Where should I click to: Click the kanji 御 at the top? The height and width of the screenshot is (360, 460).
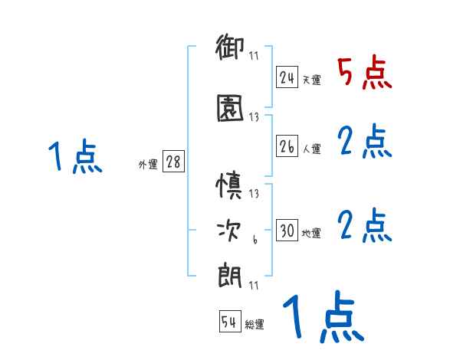click(x=229, y=48)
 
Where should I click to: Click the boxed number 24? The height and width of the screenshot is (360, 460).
click(x=287, y=78)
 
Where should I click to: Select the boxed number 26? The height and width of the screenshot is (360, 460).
click(x=287, y=146)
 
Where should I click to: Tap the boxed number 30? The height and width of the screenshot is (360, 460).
click(x=287, y=231)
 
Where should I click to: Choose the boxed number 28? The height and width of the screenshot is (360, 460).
click(x=173, y=163)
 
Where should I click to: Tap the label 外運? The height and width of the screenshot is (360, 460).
click(x=147, y=165)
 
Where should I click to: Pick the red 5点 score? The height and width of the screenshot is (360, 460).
click(x=364, y=73)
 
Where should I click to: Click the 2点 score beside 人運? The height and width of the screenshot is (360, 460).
click(x=364, y=141)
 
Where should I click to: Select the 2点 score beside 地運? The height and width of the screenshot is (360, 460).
click(x=364, y=225)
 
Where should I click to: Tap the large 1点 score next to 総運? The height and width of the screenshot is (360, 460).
click(x=322, y=318)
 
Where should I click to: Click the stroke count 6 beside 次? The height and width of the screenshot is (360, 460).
click(x=255, y=239)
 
